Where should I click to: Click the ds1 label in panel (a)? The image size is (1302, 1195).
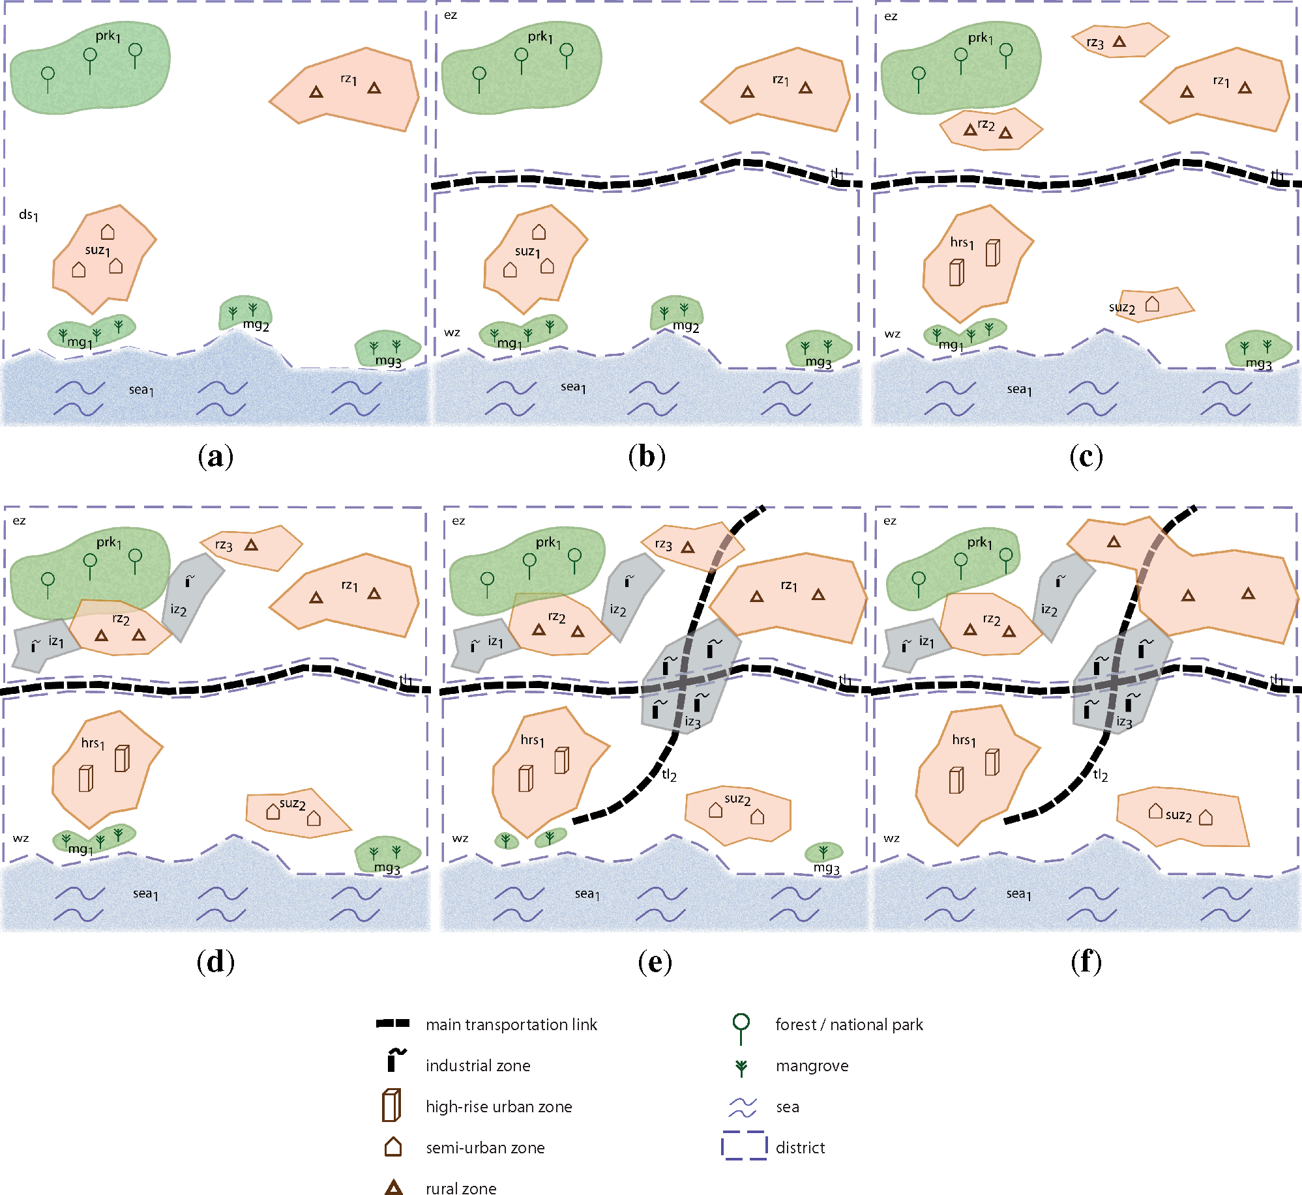(x=28, y=215)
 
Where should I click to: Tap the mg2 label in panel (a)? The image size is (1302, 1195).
(x=256, y=324)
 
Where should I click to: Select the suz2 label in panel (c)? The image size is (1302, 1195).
(x=1121, y=308)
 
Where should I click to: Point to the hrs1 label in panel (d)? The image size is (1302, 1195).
(x=93, y=743)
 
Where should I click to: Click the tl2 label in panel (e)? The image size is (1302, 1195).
(x=669, y=775)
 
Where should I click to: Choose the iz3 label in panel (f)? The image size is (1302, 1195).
(x=1124, y=722)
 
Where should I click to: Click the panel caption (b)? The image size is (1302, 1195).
(x=647, y=456)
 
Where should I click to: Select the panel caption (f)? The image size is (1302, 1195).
(x=1086, y=962)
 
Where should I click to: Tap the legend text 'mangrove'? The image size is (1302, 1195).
(x=812, y=1066)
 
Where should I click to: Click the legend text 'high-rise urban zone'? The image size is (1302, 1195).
(x=499, y=1107)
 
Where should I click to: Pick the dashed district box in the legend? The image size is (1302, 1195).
(x=744, y=1146)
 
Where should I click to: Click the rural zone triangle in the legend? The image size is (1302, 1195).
(x=393, y=1187)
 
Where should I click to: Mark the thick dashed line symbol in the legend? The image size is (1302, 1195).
(x=392, y=1024)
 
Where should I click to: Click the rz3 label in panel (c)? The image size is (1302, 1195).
(x=1095, y=43)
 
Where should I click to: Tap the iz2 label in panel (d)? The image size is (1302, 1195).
(x=178, y=611)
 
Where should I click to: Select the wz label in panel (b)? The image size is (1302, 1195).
(x=452, y=332)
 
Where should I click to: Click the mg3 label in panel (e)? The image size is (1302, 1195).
(x=826, y=868)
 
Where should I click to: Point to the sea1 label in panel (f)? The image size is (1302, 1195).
(x=1018, y=894)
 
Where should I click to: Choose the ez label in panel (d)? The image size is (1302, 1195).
(x=19, y=521)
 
